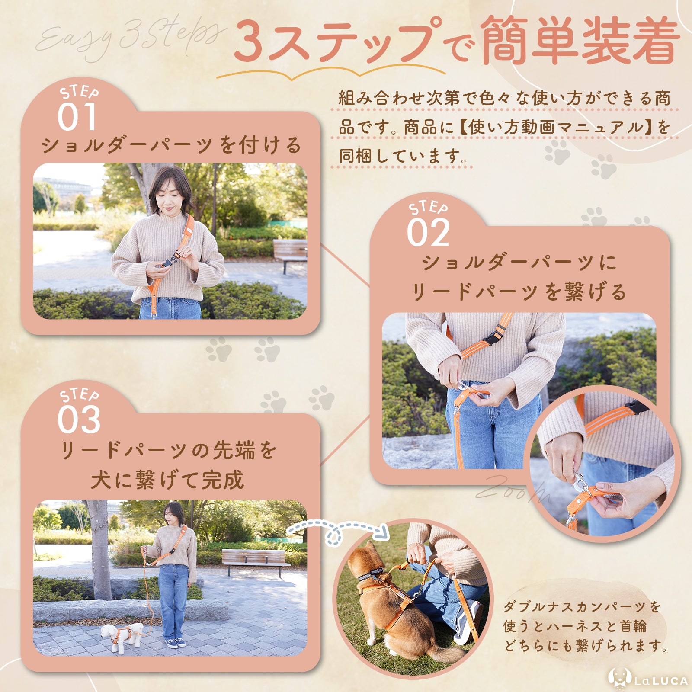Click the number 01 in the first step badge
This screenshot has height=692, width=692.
tap(77, 117)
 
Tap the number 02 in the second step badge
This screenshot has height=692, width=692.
tap(428, 233)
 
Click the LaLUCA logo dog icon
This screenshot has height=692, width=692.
tap(620, 678)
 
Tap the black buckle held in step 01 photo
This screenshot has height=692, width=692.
tap(170, 261)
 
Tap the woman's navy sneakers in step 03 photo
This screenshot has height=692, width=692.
tap(176, 642)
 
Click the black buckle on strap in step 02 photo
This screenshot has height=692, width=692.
tap(491, 339)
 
